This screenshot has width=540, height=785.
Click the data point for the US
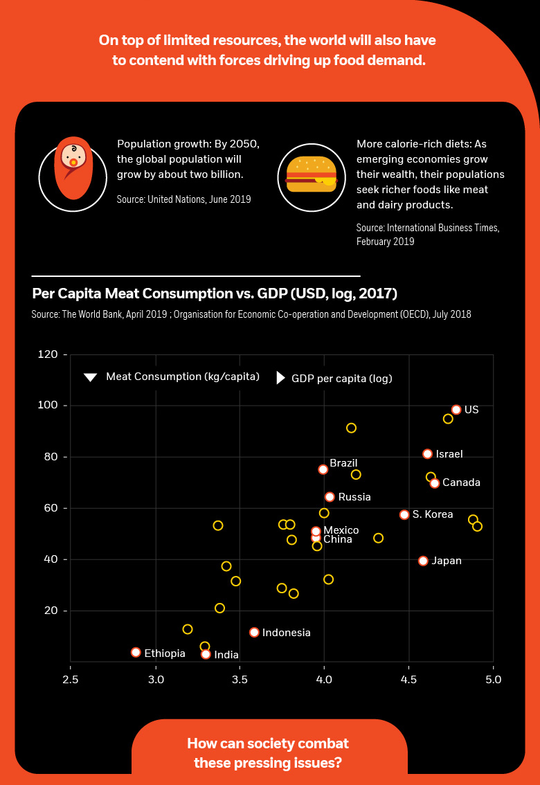[x=456, y=410]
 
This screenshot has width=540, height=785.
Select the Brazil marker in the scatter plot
[x=323, y=469]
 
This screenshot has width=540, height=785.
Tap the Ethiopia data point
[x=136, y=652]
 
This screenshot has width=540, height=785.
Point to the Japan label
[x=447, y=561]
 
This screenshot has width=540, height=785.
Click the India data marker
[x=206, y=654]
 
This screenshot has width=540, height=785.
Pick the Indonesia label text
[x=287, y=633]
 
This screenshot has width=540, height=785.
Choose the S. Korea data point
[x=404, y=514]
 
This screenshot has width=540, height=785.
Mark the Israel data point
[x=427, y=454]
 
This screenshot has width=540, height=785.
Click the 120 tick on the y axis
[x=48, y=354]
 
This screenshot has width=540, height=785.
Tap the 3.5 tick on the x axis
[x=240, y=679]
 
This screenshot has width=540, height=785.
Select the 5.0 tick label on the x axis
[x=492, y=679]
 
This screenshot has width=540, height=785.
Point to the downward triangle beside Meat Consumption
[x=90, y=377]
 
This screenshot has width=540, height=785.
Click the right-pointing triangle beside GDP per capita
[x=280, y=378]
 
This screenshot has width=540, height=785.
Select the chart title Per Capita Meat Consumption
[x=215, y=294]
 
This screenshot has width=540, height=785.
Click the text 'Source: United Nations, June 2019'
[x=184, y=199]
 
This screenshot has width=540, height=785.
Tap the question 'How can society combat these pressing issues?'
[x=268, y=753]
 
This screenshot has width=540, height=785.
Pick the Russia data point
[x=330, y=497]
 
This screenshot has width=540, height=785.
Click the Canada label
[x=461, y=482]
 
